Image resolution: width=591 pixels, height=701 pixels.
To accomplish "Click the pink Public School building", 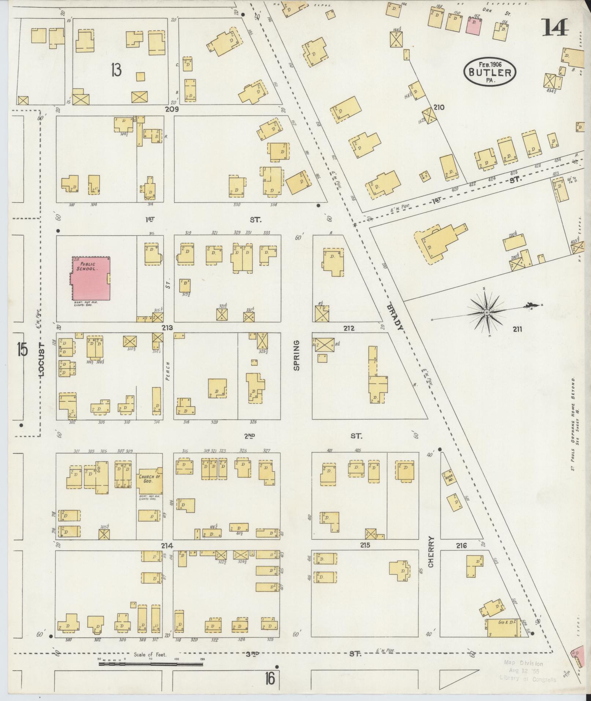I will coord(90,278).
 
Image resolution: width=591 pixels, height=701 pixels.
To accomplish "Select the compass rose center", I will coord(487,312).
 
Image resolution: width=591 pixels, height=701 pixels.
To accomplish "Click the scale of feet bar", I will coord(151,407).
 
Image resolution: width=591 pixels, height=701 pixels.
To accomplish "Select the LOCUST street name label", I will coord(41,361).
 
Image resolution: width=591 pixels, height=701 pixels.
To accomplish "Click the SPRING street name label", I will coord(296,355).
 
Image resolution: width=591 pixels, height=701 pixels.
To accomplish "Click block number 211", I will coord(517,329).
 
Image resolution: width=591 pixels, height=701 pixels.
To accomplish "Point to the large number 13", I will coord(116,70).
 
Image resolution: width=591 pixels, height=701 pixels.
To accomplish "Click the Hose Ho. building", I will coord(449,478).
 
